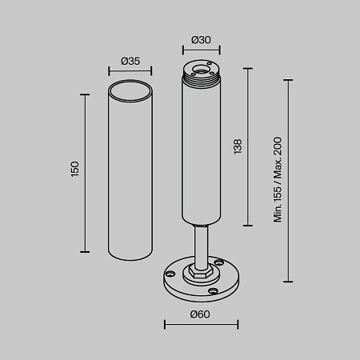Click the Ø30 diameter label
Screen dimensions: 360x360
[201, 40]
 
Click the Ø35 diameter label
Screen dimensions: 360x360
[130, 62]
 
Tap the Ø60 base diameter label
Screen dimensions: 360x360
[200, 314]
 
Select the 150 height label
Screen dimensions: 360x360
[75, 169]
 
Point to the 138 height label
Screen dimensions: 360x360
[238, 146]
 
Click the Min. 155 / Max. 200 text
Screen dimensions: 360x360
[278, 179]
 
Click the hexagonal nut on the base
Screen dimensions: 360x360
[201, 271]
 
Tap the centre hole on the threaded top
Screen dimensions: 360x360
[201, 70]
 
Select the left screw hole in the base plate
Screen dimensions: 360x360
[170, 273]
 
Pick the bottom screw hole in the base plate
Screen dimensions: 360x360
[213, 291]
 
